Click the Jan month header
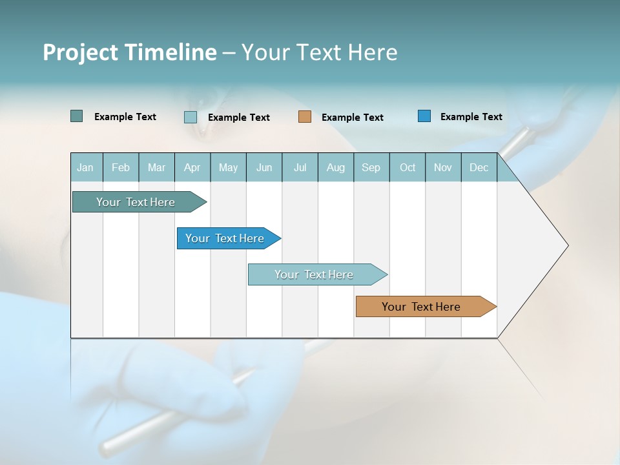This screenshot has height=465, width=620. pos(85,167)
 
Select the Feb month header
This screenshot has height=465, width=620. pos(121,167)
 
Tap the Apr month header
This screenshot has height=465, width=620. pos(192,167)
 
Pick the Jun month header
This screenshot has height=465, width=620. pos(264,167)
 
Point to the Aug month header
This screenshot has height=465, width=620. pos(336,167)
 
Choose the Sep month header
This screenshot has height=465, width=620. pos(371,167)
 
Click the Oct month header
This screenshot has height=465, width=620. pos(408,167)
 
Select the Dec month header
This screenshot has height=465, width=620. pos(479,167)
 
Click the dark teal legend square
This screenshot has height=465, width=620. pos(76,116)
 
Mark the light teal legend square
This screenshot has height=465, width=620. pos(191,117)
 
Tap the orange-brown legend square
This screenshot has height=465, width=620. pos(305,117)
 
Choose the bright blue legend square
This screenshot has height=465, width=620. pos(424,116)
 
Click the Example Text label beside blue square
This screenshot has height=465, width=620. pos(471,117)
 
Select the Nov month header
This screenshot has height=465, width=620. pos(443,167)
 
